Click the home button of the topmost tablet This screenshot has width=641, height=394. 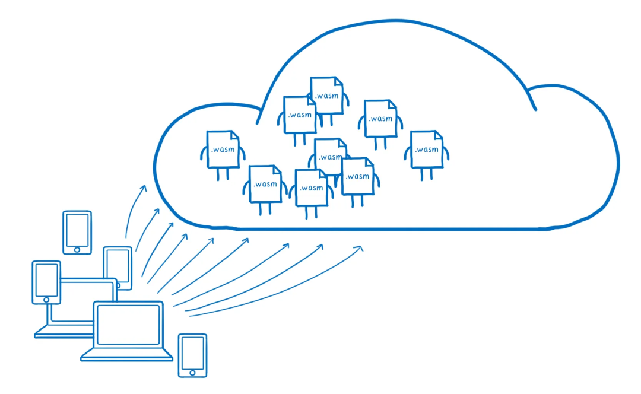click(x=77, y=249)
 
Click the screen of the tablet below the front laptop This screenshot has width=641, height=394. click(x=193, y=353)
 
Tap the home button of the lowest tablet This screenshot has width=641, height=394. click(x=193, y=372)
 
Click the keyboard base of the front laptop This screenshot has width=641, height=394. click(x=127, y=355)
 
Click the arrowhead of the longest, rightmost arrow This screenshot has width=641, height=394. click(x=359, y=247)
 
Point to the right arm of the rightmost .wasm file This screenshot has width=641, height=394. click(x=446, y=153)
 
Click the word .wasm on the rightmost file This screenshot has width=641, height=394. click(x=427, y=150)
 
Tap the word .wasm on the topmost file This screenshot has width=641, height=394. click(x=327, y=95)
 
